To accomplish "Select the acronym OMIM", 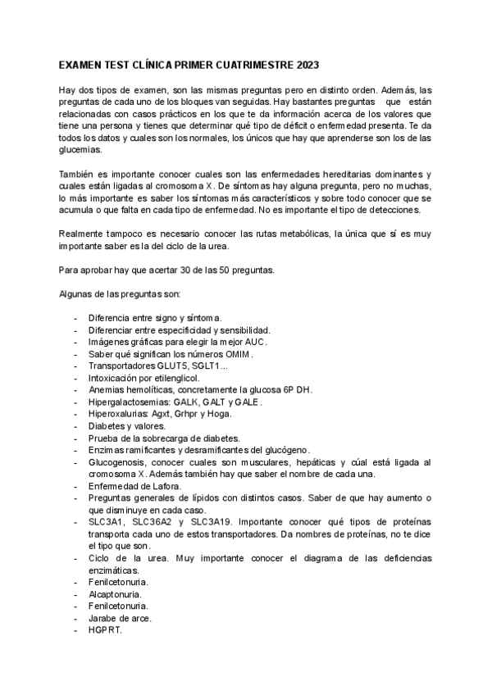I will pos(236,355).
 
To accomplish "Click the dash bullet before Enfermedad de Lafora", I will pos(75,486).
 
